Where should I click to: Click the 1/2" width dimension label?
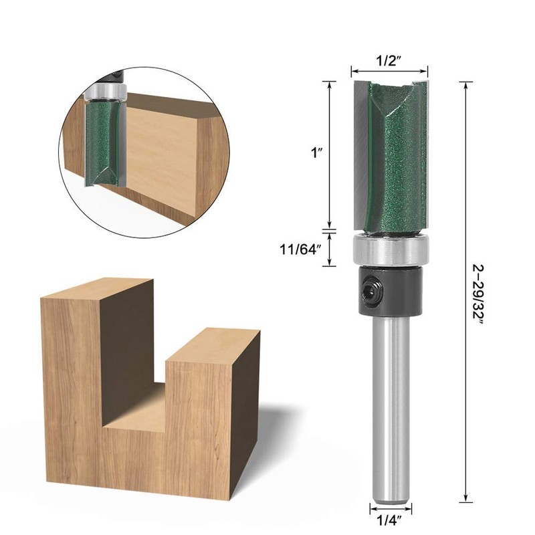pyautogui.click(x=389, y=62)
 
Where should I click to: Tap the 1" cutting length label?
pyautogui.click(x=316, y=153)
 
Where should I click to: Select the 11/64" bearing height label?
pyautogui.click(x=300, y=249)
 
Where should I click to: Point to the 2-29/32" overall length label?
pyautogui.click(x=478, y=292)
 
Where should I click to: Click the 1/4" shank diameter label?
pyautogui.click(x=389, y=521)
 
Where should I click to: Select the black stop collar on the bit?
pyautogui.click(x=391, y=290)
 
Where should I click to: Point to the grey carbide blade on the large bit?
pyautogui.click(x=362, y=155)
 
